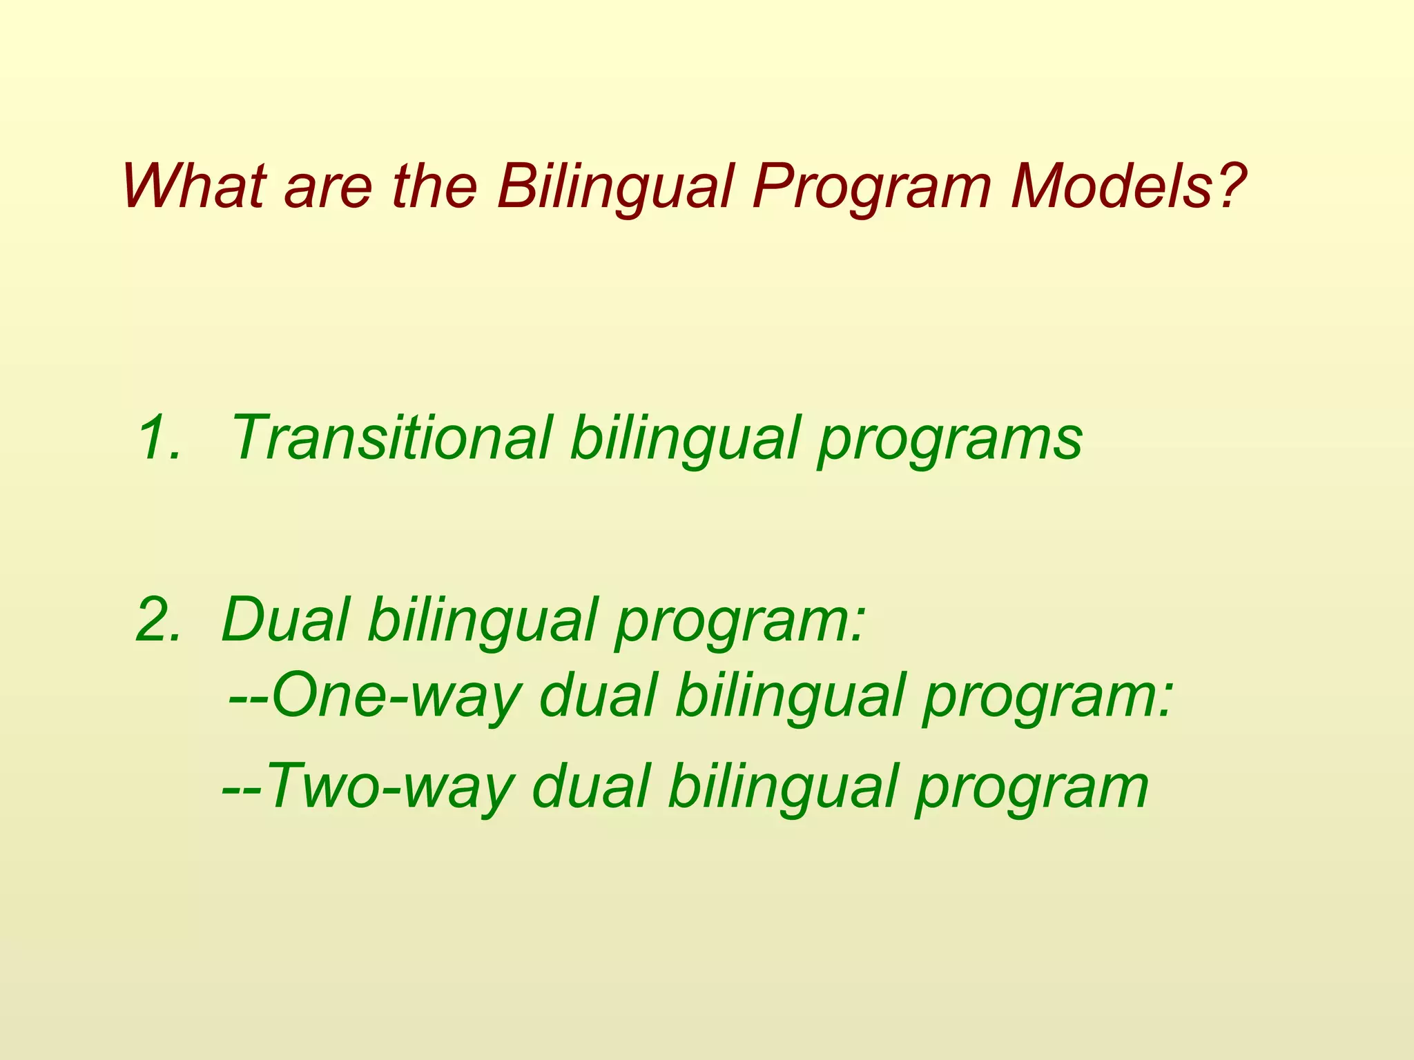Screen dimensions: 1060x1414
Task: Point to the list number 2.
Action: click(158, 620)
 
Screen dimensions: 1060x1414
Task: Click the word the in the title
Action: click(434, 186)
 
